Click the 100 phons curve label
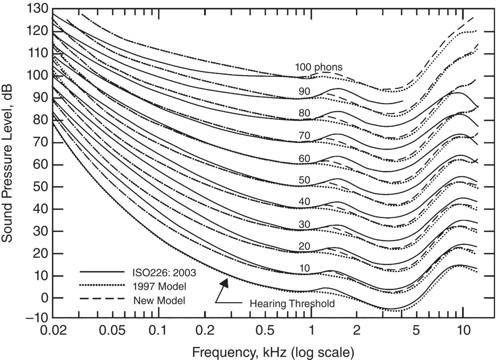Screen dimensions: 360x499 tap(319, 67)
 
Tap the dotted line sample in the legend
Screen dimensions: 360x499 tap(102, 286)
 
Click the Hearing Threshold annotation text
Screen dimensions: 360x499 tap(292, 304)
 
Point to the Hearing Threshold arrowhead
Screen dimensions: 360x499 tap(225, 283)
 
